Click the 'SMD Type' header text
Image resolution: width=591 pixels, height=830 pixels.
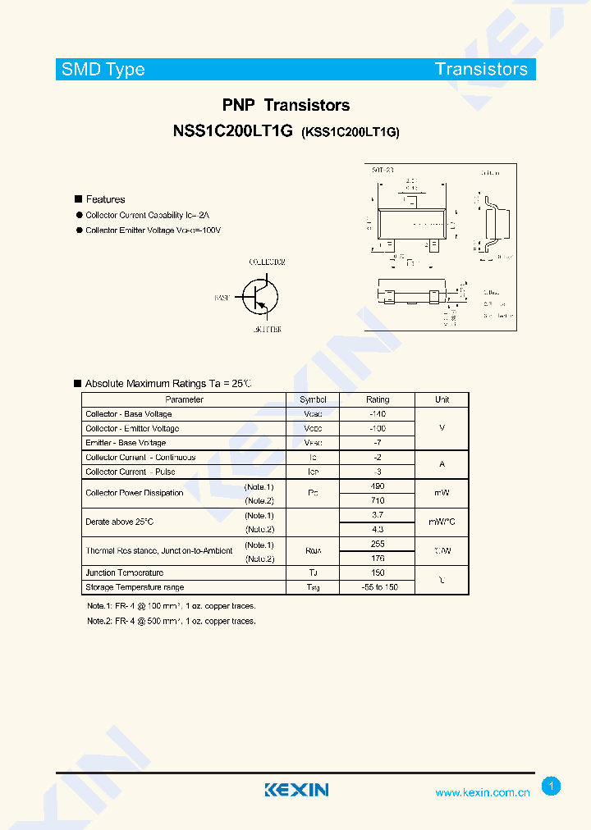[x=103, y=70]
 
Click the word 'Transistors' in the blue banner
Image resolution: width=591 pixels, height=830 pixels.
[x=482, y=69]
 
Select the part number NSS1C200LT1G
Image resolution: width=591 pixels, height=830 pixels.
[x=232, y=131]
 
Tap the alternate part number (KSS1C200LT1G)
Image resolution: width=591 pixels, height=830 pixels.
[x=350, y=132]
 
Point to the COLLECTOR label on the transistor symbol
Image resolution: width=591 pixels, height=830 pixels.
[x=267, y=262]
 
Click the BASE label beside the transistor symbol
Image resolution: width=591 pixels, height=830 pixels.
[x=222, y=298]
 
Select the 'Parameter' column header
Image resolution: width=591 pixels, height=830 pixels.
[x=184, y=399]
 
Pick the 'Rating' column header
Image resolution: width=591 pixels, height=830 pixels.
[x=378, y=399]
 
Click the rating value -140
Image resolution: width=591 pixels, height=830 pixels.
[x=378, y=414]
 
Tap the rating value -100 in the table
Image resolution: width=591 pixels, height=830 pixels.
[x=378, y=428]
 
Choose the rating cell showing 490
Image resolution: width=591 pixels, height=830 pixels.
[x=378, y=486]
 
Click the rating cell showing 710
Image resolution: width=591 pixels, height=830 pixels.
[x=378, y=500]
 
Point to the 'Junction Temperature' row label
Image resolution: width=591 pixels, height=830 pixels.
[x=125, y=572]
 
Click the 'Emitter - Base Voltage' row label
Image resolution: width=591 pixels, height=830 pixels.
[x=126, y=443]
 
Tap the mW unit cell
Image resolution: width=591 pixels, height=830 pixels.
[x=442, y=493]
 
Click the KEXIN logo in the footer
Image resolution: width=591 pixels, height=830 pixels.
[x=296, y=790]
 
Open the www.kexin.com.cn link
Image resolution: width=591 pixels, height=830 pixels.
[x=482, y=793]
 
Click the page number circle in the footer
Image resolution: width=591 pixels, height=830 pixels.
[x=552, y=787]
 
